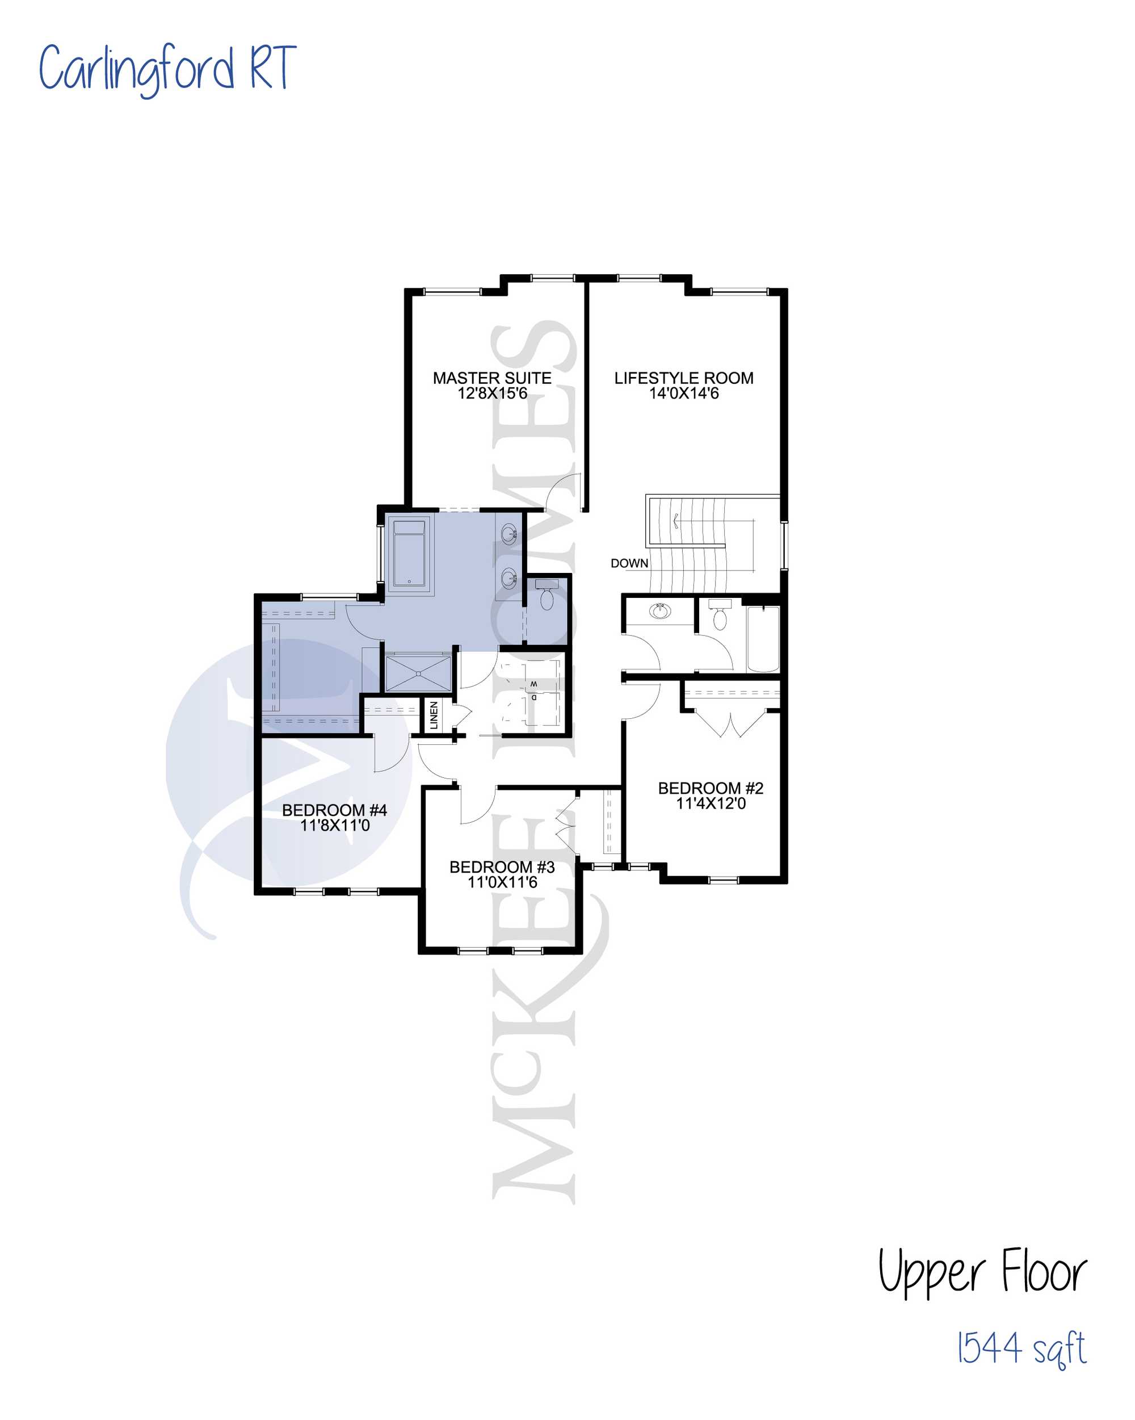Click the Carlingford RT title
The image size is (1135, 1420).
(x=167, y=69)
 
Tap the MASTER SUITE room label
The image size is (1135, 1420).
(x=492, y=378)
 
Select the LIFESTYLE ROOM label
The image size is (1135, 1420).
(x=683, y=378)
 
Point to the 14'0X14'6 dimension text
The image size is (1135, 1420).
(x=683, y=393)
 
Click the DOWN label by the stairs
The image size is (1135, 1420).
(x=629, y=563)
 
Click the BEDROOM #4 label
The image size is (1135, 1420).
(x=334, y=810)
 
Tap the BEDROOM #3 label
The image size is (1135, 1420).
(x=502, y=867)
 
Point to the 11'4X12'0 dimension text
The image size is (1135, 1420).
(x=711, y=803)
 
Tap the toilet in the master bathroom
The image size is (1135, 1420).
(x=547, y=594)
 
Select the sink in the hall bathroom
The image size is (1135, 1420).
(x=661, y=610)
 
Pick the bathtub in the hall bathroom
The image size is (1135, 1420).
(x=763, y=639)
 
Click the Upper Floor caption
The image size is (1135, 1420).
(x=982, y=1272)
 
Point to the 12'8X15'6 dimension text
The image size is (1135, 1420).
(x=493, y=393)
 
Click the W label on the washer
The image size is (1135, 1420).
(x=533, y=684)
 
